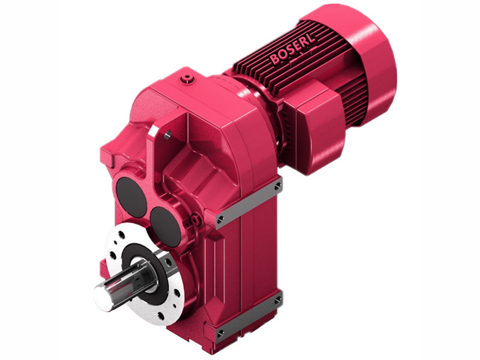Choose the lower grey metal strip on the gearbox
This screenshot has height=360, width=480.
[x=249, y=315]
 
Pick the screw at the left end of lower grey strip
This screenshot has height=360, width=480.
[x=220, y=332]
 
